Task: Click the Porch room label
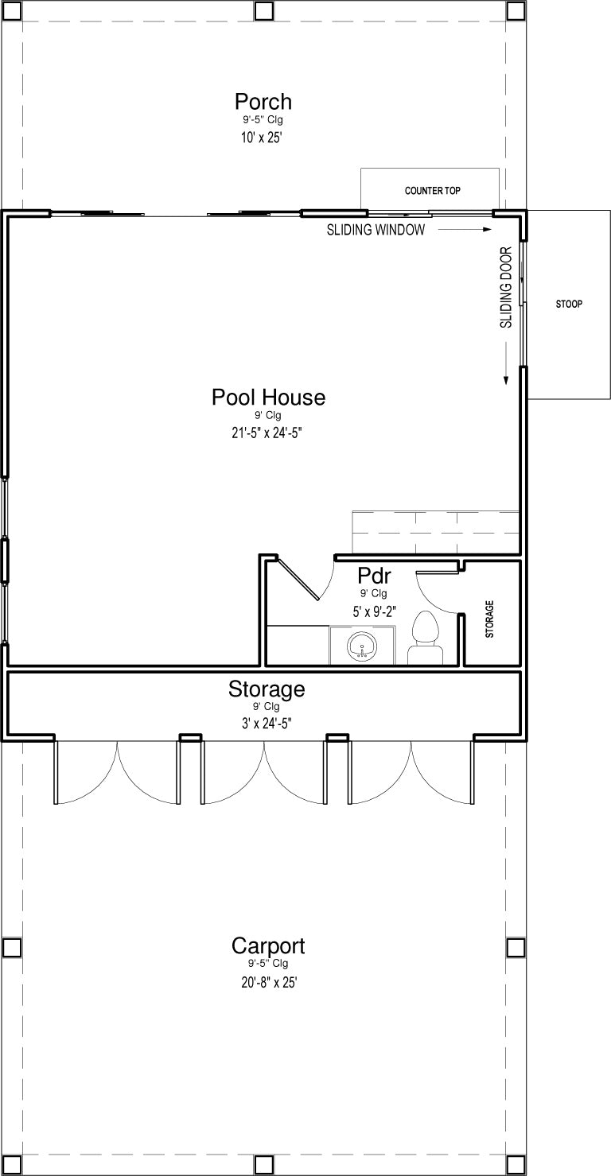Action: pos(263,101)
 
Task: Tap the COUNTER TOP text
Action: pos(432,191)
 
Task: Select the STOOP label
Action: pos(569,304)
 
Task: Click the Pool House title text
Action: pos(268,397)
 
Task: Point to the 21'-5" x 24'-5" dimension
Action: pos(267,433)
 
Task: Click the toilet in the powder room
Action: pos(426,638)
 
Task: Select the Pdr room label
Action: pos(374,576)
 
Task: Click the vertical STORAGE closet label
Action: pos(489,619)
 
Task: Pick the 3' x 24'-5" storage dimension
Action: pos(267,724)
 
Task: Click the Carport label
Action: pos(268,945)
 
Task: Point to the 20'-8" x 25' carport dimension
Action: pos(270,982)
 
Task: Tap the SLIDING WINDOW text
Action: pos(376,230)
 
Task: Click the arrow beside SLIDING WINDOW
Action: pos(465,230)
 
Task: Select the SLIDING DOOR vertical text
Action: pos(506,288)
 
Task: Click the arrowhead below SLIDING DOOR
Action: pos(506,381)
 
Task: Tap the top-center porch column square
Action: pos(263,10)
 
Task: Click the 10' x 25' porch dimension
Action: pos(262,138)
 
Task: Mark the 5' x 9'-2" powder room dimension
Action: pos(374,611)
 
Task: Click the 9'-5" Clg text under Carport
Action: pos(268,964)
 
